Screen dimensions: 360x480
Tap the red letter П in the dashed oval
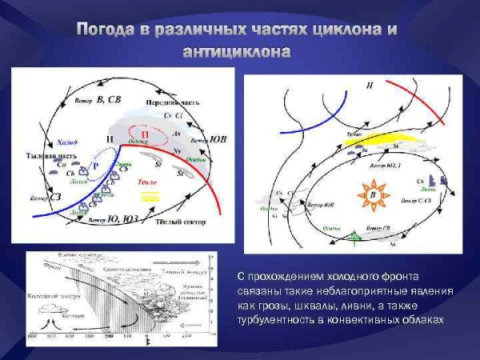(146, 133)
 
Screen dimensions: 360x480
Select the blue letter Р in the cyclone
(95, 165)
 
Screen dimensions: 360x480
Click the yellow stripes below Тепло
(150, 194)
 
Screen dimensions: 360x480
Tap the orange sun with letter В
(370, 194)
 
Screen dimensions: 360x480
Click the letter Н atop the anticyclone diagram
(369, 85)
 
